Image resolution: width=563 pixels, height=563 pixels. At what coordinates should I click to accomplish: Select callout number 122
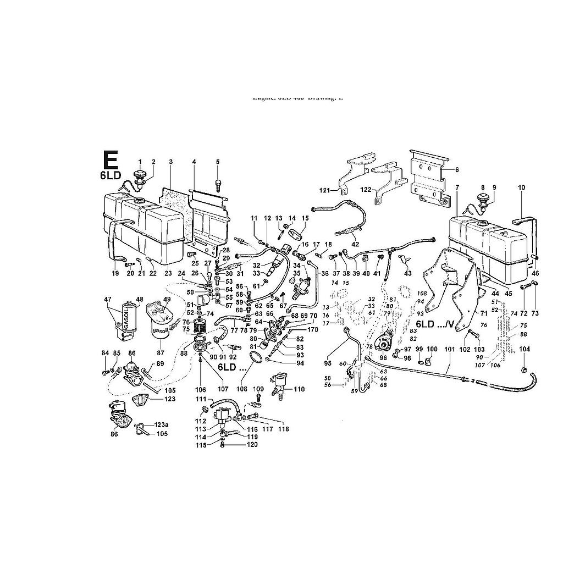(x=366, y=190)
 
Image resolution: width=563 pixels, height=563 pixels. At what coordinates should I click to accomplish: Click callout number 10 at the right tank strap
(x=522, y=187)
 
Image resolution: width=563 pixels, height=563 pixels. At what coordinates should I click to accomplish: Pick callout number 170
(x=313, y=330)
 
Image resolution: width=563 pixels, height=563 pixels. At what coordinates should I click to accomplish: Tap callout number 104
(x=524, y=349)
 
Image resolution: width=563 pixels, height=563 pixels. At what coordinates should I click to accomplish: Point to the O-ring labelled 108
(x=255, y=359)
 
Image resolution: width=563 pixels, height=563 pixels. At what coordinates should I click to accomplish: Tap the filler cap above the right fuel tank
(x=483, y=198)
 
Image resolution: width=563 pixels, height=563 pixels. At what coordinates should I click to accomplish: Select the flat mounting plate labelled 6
(x=428, y=176)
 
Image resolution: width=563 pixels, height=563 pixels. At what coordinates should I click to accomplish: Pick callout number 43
(x=408, y=273)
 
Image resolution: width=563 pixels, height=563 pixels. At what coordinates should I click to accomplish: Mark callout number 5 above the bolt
(x=217, y=161)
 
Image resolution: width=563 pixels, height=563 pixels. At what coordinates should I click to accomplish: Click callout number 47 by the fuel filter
(x=108, y=299)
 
